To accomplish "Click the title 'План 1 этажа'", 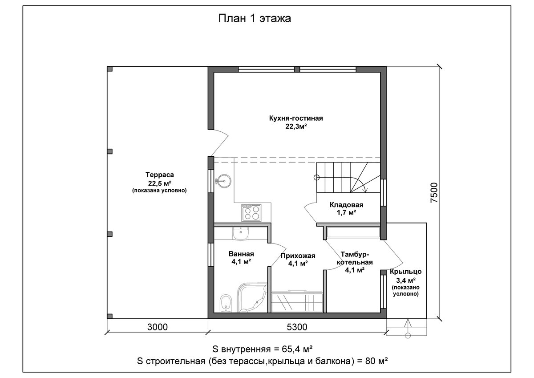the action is click(x=255, y=18).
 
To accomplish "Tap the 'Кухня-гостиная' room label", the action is click(x=296, y=118).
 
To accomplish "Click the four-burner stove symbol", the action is click(x=251, y=213).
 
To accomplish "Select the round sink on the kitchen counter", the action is click(x=223, y=181).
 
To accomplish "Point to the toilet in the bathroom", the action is click(x=226, y=304).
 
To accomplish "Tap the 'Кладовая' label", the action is click(x=346, y=205).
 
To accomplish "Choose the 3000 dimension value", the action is click(x=158, y=327).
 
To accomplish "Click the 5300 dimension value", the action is click(x=297, y=327).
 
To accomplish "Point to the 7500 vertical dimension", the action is click(x=434, y=193).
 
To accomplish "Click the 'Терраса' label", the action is click(x=160, y=175).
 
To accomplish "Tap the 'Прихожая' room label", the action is click(x=298, y=256).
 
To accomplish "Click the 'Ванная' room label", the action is click(x=241, y=254).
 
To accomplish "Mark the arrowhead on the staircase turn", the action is click(x=364, y=190).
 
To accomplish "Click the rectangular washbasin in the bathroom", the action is click(x=241, y=233).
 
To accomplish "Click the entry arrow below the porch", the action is click(x=408, y=329).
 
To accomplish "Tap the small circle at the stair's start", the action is click(x=316, y=178).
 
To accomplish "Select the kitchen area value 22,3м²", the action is click(x=296, y=126).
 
